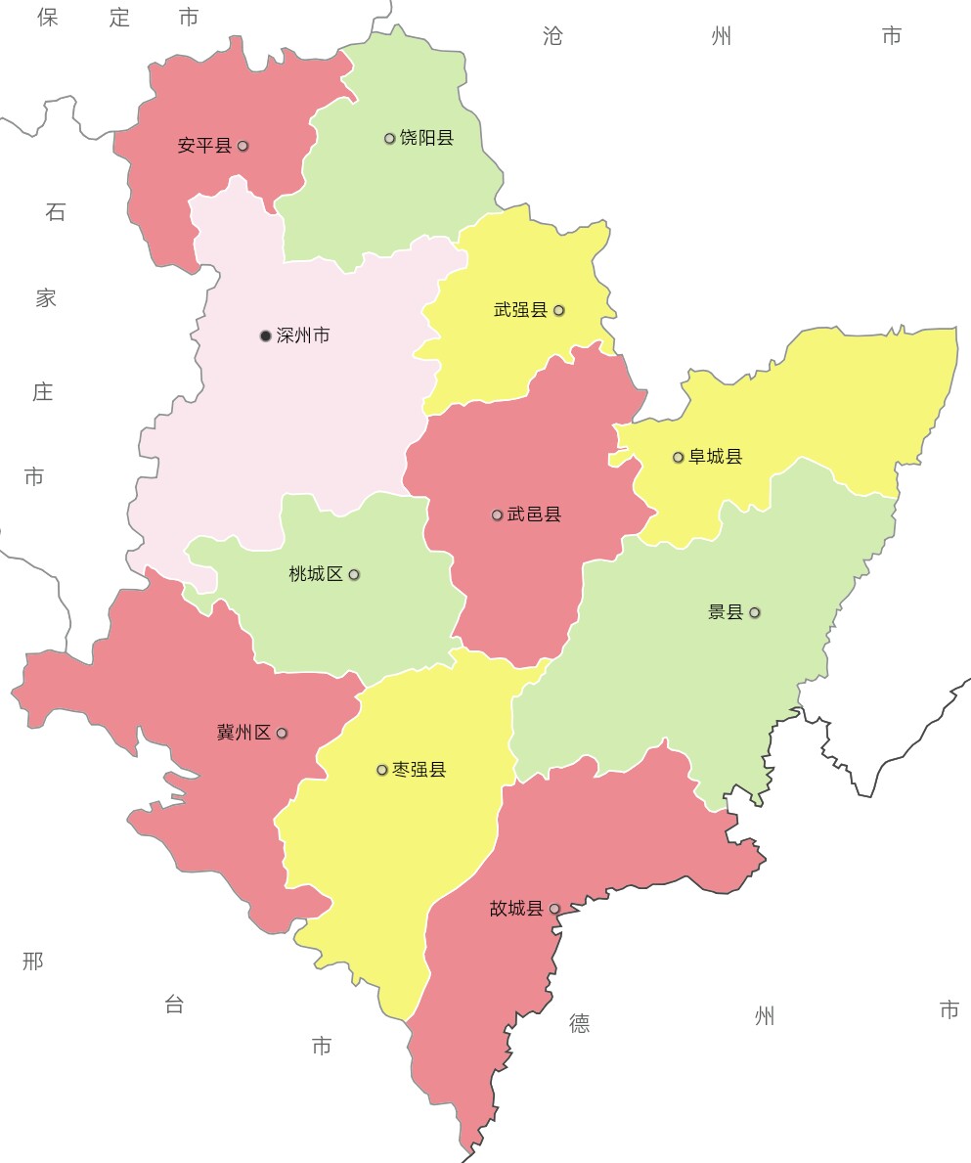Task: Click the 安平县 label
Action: point(204,146)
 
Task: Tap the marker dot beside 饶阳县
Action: point(389,138)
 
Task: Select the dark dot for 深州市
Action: point(265,335)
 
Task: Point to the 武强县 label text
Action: point(520,310)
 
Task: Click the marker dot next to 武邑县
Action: point(497,514)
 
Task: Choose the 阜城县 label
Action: point(716,457)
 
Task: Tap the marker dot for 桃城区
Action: point(354,574)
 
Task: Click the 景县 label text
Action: point(726,612)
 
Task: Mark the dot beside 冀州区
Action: point(282,733)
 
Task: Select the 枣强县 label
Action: point(419,770)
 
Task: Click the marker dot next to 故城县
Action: point(554,909)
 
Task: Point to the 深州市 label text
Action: point(303,335)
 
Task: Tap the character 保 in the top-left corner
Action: point(48,17)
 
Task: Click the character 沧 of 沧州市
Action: point(552,36)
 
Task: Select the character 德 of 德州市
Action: point(580,1023)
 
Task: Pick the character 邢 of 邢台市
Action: point(33,961)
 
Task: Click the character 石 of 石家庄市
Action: point(55,211)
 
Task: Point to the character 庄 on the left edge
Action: point(42,392)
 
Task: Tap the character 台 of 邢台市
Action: point(174,1004)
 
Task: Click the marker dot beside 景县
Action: point(755,612)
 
